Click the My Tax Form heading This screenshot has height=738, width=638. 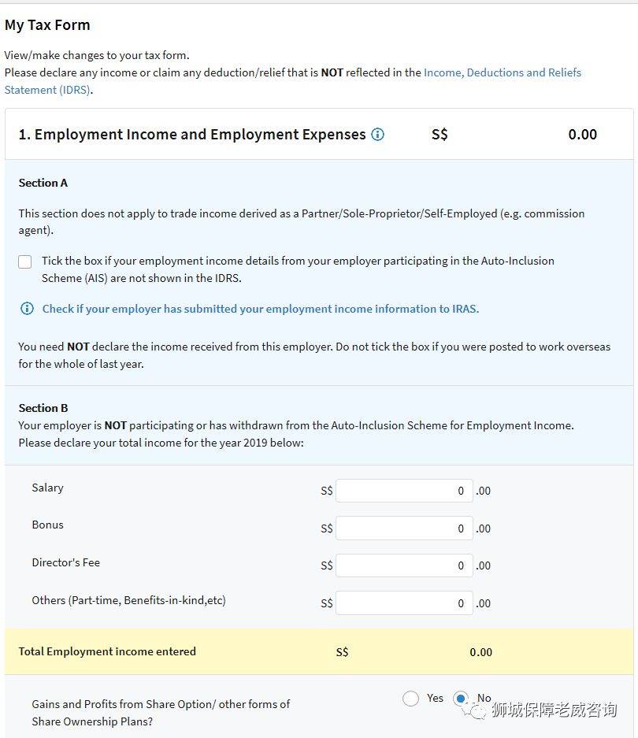pos(47,25)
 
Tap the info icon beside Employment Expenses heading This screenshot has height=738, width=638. pos(377,135)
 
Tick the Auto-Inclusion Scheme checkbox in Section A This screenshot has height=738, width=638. pos(25,261)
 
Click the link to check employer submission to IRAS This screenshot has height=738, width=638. pos(260,309)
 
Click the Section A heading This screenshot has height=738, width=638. pos(43,183)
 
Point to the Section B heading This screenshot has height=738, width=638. pos(43,408)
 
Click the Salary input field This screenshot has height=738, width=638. pos(404,491)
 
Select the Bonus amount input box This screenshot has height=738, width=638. pos(404,528)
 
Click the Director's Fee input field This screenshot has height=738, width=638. pos(404,566)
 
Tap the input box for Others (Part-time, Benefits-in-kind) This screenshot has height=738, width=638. pos(404,603)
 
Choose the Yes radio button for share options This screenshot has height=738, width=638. pos(410,699)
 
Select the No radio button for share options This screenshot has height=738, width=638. pos(462,699)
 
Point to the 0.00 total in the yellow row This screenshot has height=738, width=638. pos(480,652)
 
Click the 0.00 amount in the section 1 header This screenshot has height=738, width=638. pos(582,135)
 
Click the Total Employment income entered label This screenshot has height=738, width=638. pos(107,651)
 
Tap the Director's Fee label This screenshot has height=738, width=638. pos(65,562)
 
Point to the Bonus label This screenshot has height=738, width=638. pos(47,525)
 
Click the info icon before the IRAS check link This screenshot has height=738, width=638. pos(27,309)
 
